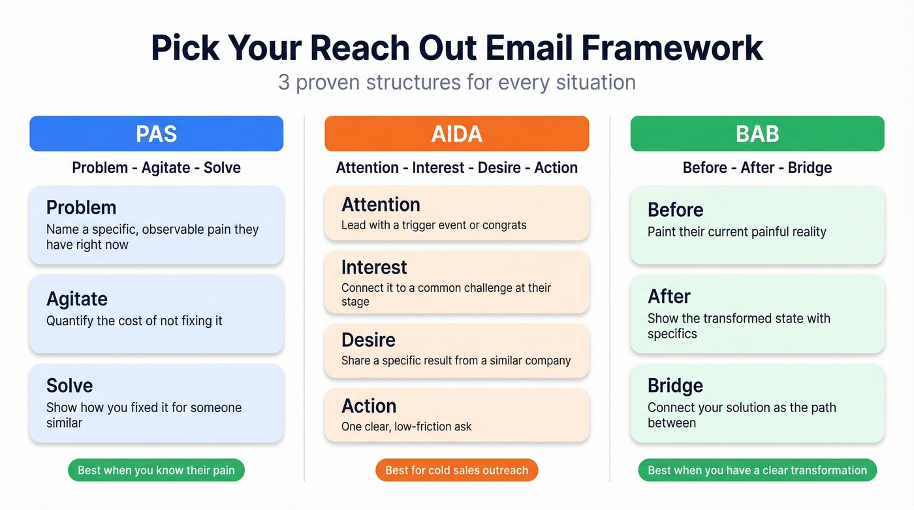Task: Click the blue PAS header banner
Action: coord(156,134)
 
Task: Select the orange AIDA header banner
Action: coord(456,134)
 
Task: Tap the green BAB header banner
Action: coord(757,134)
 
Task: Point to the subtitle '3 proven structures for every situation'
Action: coord(456,83)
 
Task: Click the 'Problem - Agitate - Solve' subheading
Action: coord(156,168)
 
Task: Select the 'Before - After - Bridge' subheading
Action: coord(757,168)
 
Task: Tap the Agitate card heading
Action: coord(77,299)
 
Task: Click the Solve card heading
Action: coord(69,385)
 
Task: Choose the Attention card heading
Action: coord(381,204)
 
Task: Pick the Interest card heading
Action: coord(374,267)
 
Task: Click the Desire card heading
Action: coord(368,340)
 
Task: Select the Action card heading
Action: coord(369,406)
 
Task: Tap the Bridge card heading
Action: coord(675,385)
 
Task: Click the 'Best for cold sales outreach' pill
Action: coord(456,470)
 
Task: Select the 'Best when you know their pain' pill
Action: coord(156,470)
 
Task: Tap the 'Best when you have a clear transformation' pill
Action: coord(757,470)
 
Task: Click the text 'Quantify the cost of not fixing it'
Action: coord(134,321)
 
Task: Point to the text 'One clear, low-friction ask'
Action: coord(406,427)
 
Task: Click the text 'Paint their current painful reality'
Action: coord(736,232)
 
